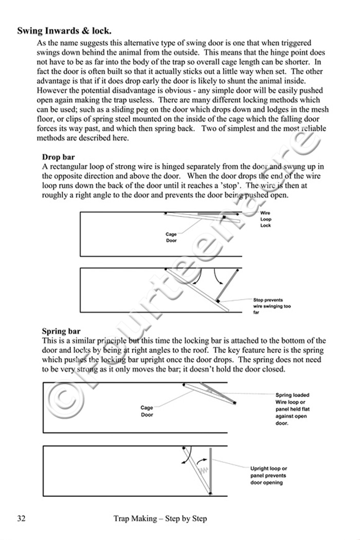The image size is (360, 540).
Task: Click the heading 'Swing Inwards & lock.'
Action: pyautogui.click(x=64, y=31)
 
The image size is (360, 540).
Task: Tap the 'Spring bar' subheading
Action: pyautogui.click(x=61, y=331)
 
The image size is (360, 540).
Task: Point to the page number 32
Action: pyautogui.click(x=21, y=518)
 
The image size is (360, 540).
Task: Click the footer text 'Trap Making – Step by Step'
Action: pyautogui.click(x=160, y=518)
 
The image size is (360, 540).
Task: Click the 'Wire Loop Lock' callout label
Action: pyautogui.click(x=265, y=219)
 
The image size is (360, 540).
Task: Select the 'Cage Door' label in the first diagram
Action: pyautogui.click(x=171, y=238)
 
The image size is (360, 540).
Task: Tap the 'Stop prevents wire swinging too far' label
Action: pyautogui.click(x=272, y=306)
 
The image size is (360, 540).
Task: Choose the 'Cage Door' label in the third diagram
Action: pyautogui.click(x=147, y=411)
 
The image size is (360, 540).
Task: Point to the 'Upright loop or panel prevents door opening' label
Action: pyautogui.click(x=268, y=476)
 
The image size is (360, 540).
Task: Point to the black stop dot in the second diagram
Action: pyautogui.click(x=218, y=299)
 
